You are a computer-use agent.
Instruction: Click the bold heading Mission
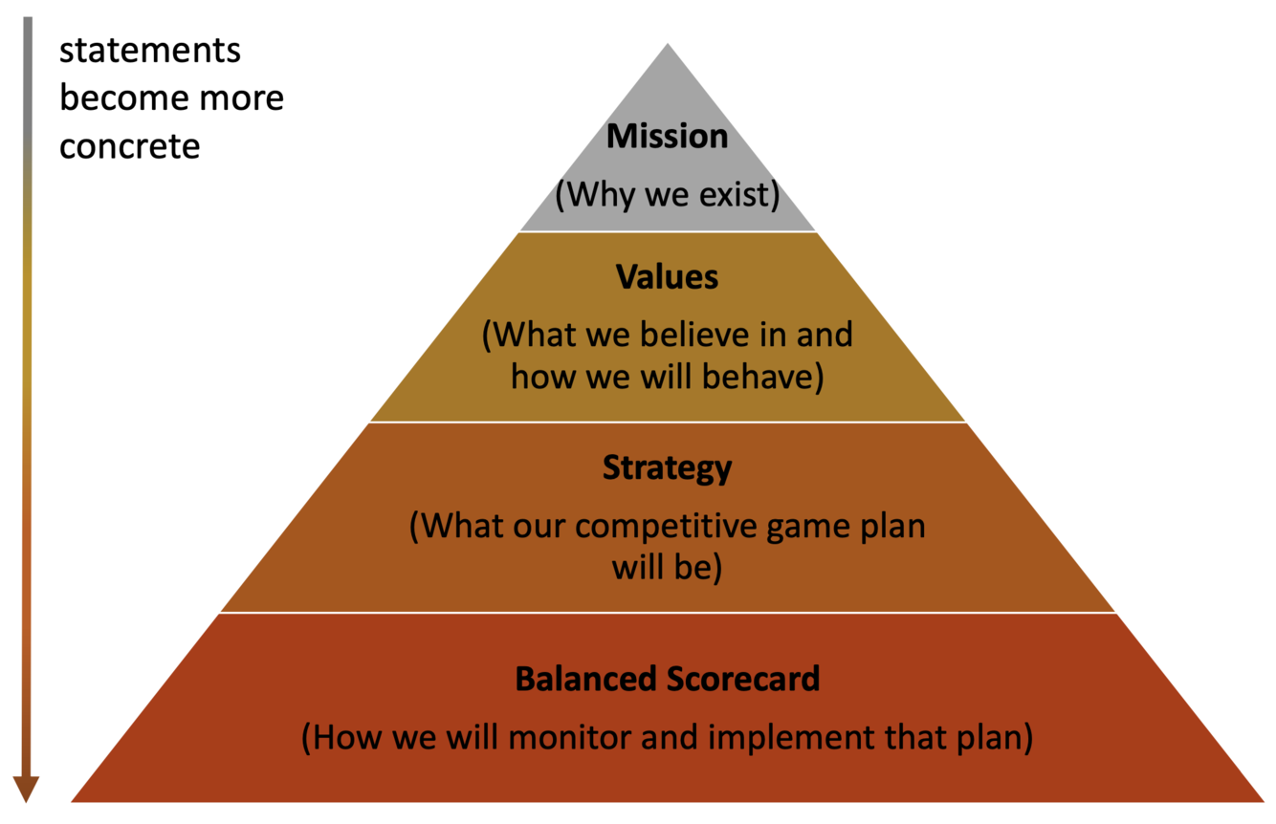point(667,137)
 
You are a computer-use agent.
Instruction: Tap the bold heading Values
point(667,277)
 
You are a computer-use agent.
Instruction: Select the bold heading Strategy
point(667,468)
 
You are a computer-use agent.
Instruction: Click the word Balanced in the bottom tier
point(585,679)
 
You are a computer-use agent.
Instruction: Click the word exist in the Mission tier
point(737,195)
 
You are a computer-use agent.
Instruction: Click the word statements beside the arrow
point(150,50)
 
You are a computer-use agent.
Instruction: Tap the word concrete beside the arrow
point(130,147)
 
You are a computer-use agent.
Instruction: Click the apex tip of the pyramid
point(668,46)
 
